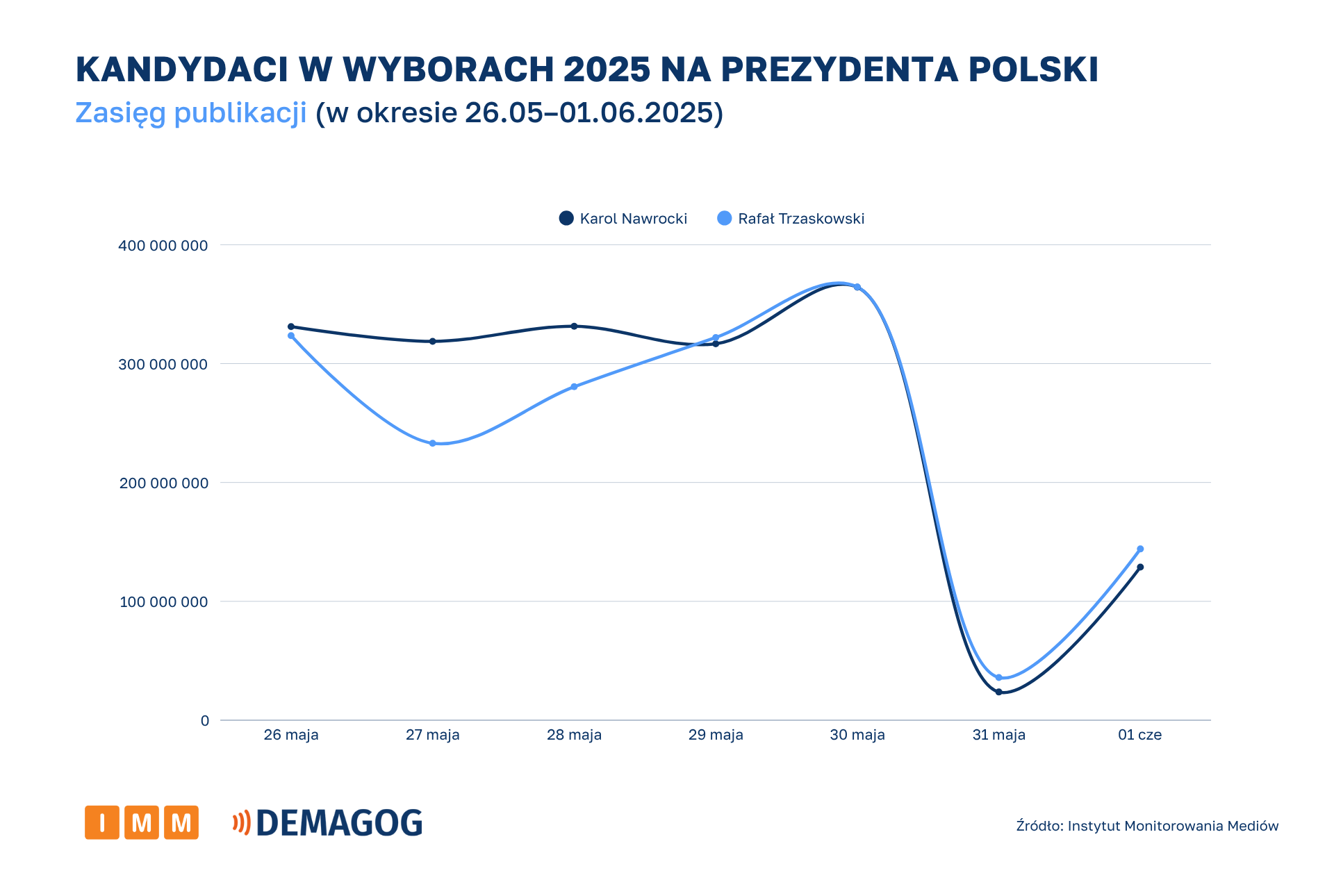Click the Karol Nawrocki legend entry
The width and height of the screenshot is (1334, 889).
tap(623, 219)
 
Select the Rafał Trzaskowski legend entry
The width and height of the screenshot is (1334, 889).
tap(791, 219)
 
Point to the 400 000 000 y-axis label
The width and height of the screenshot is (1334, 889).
tap(163, 246)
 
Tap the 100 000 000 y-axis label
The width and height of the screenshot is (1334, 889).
tap(163, 602)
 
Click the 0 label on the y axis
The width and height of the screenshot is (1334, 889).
tap(205, 721)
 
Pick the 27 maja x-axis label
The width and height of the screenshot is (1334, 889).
tap(432, 735)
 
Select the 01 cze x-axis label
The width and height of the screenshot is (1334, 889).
tap(1139, 735)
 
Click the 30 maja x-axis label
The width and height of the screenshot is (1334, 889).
tap(857, 735)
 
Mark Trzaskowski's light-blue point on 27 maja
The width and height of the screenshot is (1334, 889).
tap(432, 443)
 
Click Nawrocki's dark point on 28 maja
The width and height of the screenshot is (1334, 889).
tap(574, 326)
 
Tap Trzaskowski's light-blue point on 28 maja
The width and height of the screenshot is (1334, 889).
tap(574, 387)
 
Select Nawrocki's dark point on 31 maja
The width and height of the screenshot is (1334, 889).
tap(998, 692)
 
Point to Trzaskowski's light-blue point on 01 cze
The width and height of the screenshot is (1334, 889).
tap(1140, 549)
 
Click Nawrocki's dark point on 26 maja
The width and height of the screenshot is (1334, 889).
tap(291, 326)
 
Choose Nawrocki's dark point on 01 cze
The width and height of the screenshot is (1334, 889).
tap(1140, 567)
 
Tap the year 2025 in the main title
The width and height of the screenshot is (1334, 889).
tap(607, 69)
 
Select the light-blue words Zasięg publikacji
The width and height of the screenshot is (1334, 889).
tap(190, 113)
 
